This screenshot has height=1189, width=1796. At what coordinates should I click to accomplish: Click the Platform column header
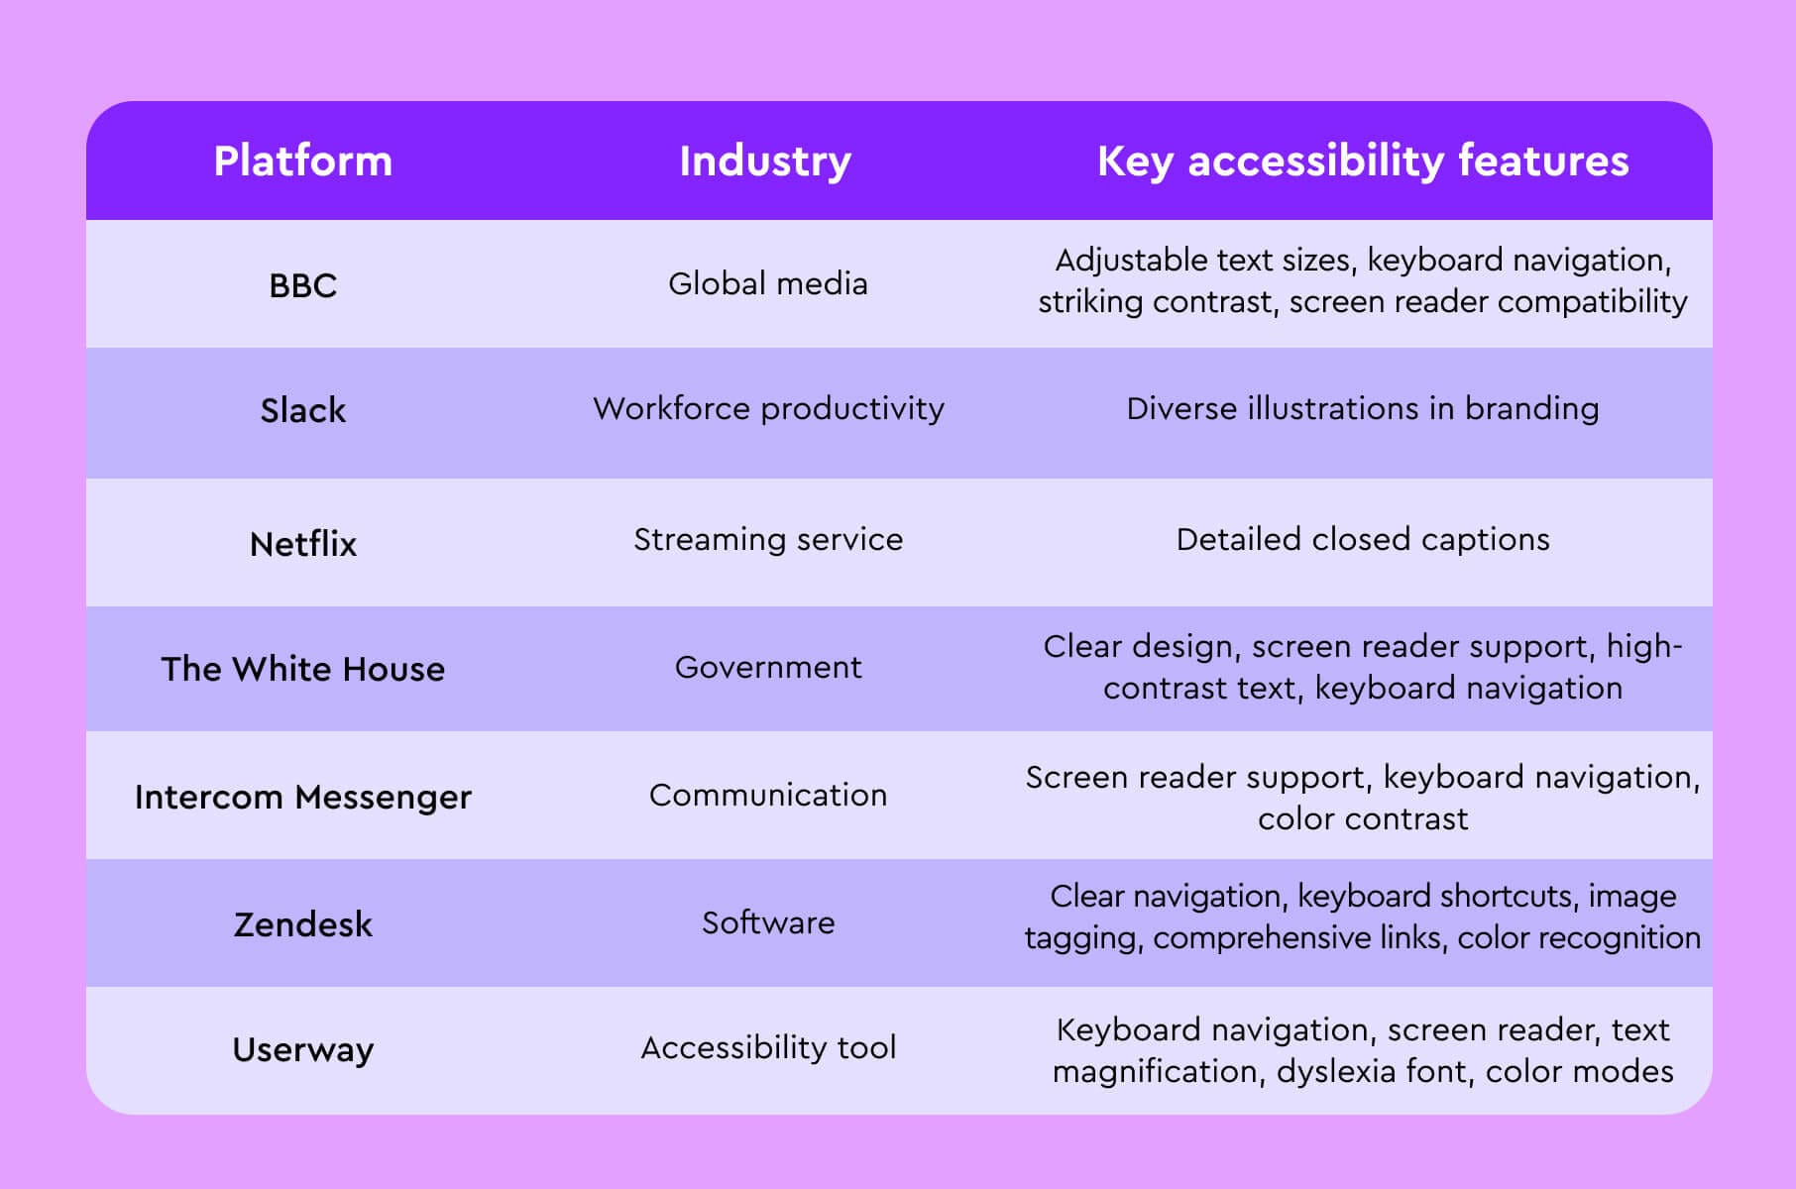tap(303, 162)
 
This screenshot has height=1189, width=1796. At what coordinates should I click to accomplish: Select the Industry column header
tap(765, 162)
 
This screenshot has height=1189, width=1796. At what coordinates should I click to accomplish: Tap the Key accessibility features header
tap(1363, 162)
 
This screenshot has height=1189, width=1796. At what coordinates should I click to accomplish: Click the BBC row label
tap(303, 285)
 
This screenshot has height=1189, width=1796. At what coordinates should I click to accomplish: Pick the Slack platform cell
tap(303, 410)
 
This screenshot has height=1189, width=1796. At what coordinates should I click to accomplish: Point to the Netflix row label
tap(303, 544)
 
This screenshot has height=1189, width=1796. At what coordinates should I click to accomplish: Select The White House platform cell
tap(303, 669)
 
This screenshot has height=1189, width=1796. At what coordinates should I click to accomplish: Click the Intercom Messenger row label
tap(303, 797)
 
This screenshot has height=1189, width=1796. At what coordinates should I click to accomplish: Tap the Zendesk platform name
tap(303, 924)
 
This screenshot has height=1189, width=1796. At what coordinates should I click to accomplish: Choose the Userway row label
tap(303, 1049)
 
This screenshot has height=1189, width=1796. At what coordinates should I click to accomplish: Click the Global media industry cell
tap(768, 284)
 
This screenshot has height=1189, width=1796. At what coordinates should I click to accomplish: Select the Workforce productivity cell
tap(768, 409)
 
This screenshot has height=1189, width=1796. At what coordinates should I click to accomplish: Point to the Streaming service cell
tap(768, 540)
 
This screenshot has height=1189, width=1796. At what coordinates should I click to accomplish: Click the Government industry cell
tap(768, 668)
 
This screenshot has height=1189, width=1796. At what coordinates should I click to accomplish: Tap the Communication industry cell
tap(768, 796)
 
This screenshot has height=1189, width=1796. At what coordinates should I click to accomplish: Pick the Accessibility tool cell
tap(768, 1048)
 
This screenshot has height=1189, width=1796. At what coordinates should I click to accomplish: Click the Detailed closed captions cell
tap(1363, 540)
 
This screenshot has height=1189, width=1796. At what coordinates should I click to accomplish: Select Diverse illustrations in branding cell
tap(1363, 409)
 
